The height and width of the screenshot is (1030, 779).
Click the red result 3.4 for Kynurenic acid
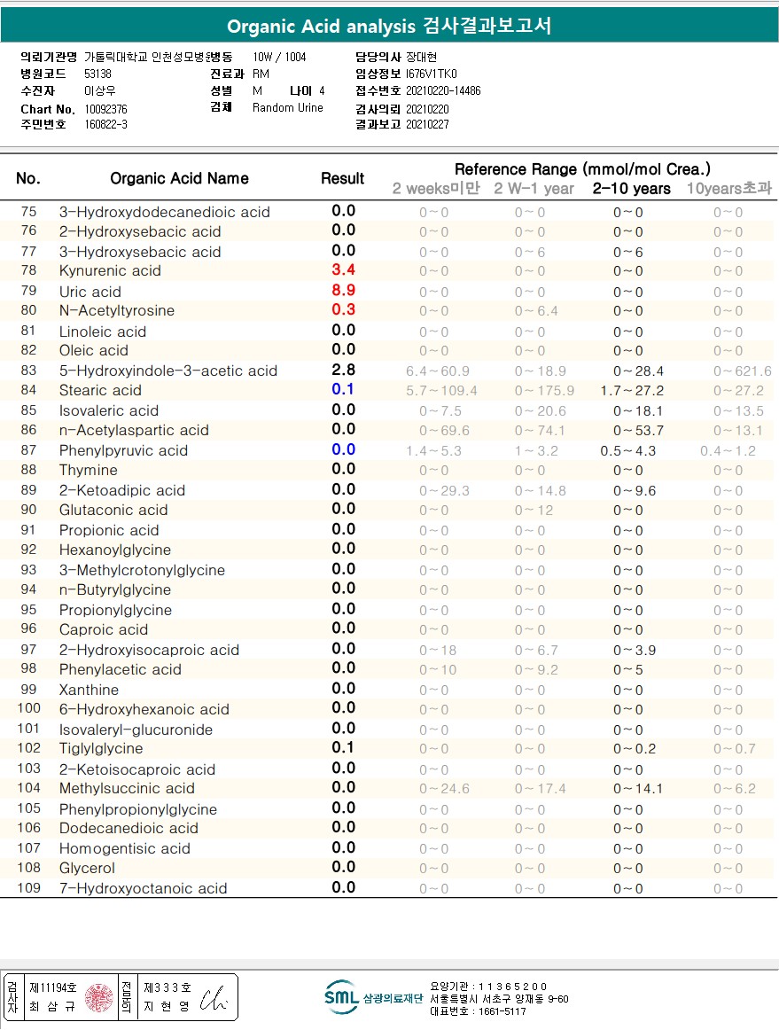(x=343, y=269)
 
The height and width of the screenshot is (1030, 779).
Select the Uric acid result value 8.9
(x=343, y=290)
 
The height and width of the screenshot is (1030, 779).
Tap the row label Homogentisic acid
(x=124, y=848)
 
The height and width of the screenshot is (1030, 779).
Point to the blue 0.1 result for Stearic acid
(x=343, y=389)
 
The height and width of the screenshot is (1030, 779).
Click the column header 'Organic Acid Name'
(x=179, y=178)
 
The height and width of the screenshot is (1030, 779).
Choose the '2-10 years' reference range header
(x=631, y=189)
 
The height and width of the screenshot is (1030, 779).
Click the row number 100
(x=29, y=708)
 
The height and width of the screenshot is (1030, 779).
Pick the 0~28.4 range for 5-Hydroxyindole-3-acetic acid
(x=638, y=371)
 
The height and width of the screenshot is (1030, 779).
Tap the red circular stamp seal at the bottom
(x=98, y=997)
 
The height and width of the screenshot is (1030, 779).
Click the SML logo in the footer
(x=341, y=997)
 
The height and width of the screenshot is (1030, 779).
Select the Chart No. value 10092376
(x=106, y=108)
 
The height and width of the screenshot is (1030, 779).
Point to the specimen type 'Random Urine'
(x=288, y=108)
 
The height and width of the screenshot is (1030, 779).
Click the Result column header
(x=343, y=178)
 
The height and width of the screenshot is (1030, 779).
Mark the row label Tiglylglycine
(x=101, y=748)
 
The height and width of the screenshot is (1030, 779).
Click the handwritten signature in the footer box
(x=214, y=997)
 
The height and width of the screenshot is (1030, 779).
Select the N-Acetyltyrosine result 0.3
(x=343, y=309)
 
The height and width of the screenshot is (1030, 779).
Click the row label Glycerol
(x=87, y=868)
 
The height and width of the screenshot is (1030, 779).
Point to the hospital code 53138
(x=97, y=74)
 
